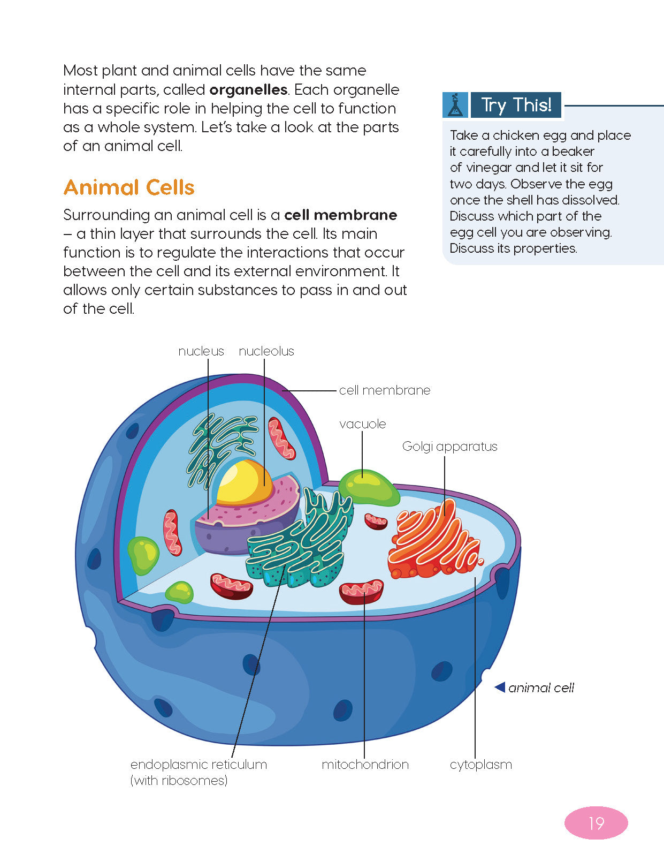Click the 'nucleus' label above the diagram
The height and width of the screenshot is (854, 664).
pos(201,351)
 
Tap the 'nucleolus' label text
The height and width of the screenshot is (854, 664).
pos(266,351)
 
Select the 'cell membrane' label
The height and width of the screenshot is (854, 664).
pos(384,390)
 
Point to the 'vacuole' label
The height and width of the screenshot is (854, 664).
pos(362,424)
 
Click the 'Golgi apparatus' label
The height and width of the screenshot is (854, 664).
pos(449,447)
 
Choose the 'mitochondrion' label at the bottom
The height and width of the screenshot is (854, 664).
pos(365,765)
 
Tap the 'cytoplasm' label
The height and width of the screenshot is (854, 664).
pos(480,765)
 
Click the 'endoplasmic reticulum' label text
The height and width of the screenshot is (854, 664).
pos(199,765)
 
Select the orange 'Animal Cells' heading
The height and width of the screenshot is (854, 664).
pos(129,187)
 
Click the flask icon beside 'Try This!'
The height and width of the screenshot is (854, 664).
pos(455,105)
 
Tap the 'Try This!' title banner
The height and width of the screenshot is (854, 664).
pos(516,105)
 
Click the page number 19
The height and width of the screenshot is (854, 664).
pos(596,823)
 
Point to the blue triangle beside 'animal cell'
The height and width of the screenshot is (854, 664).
pos(500,687)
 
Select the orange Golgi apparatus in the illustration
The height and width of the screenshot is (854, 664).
pos(433,541)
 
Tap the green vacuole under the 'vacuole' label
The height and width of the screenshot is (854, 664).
pos(369,487)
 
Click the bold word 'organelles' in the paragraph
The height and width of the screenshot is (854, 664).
pos(248,89)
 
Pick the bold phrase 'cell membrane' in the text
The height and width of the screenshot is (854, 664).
pos(340,215)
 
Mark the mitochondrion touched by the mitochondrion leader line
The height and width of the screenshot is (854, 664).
pos(362,591)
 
